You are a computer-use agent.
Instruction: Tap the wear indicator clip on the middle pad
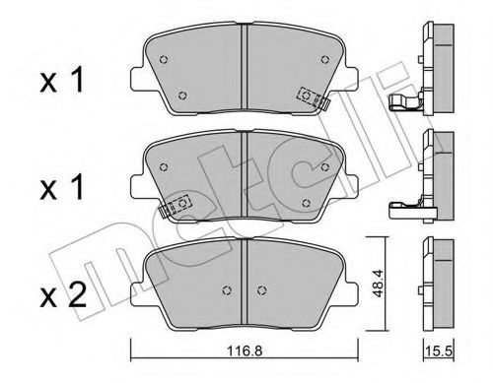(x=178, y=204)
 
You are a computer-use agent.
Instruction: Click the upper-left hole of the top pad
(x=164, y=57)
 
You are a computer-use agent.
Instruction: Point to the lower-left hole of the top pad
(x=184, y=96)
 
